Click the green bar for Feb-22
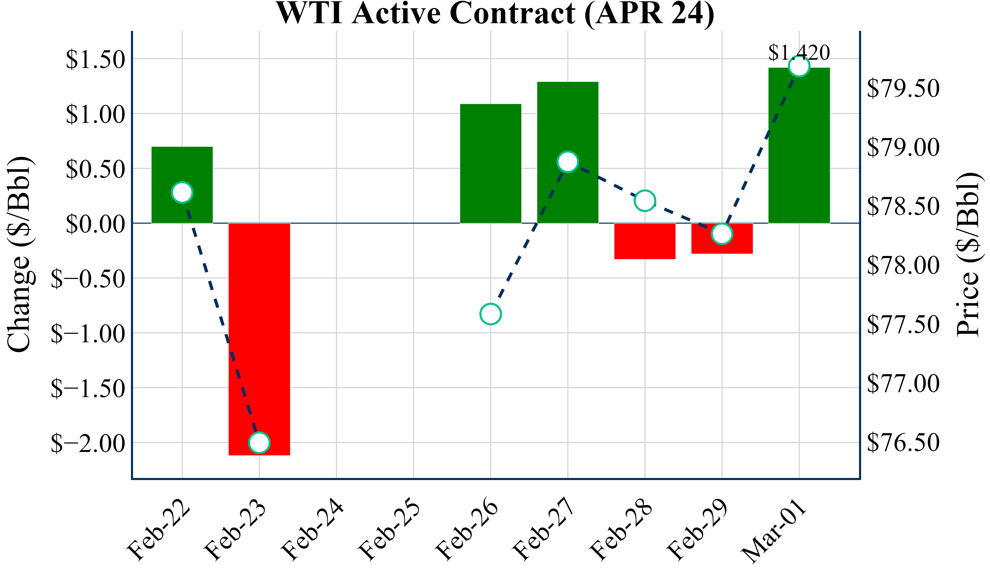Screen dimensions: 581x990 click(182, 165)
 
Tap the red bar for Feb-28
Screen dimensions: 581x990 click(645, 241)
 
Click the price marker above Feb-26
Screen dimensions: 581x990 click(490, 314)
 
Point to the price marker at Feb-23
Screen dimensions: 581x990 click(259, 443)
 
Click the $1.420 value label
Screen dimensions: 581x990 click(799, 52)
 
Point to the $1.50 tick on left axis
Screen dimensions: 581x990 click(95, 60)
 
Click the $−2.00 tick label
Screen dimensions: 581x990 click(88, 443)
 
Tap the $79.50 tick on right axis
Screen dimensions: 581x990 click(903, 88)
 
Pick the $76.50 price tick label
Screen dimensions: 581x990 click(903, 443)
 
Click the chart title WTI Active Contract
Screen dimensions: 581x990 click(495, 13)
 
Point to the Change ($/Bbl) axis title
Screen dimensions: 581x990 click(20, 254)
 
